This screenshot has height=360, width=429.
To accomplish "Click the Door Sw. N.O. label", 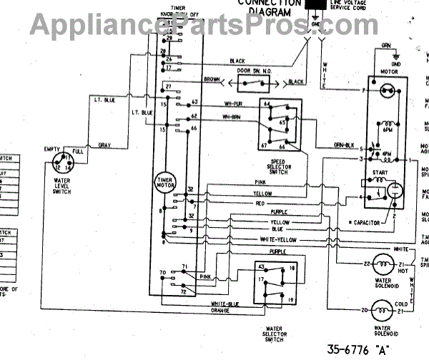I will pos(250,72).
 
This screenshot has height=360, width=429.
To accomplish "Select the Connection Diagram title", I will pos(265,7).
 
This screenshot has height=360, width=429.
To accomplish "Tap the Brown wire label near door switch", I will pos(212,79).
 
